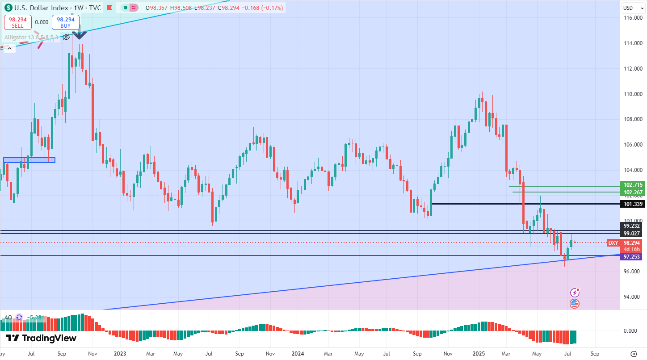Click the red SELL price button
[x=18, y=22]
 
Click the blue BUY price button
[x=66, y=22]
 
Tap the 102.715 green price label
[x=633, y=185]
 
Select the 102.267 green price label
[x=633, y=193]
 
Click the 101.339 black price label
[x=633, y=204]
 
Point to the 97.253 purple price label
[x=633, y=256]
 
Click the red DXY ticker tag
[x=613, y=243]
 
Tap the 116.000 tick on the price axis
[x=633, y=18]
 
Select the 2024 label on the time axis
[x=298, y=353]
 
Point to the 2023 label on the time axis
[x=120, y=353]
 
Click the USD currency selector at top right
[x=628, y=8]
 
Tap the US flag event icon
[x=575, y=304]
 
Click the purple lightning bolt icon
[x=575, y=293]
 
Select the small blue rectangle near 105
[x=29, y=160]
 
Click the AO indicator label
[x=8, y=318]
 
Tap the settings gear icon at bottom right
[x=634, y=353]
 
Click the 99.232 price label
[x=633, y=226]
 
